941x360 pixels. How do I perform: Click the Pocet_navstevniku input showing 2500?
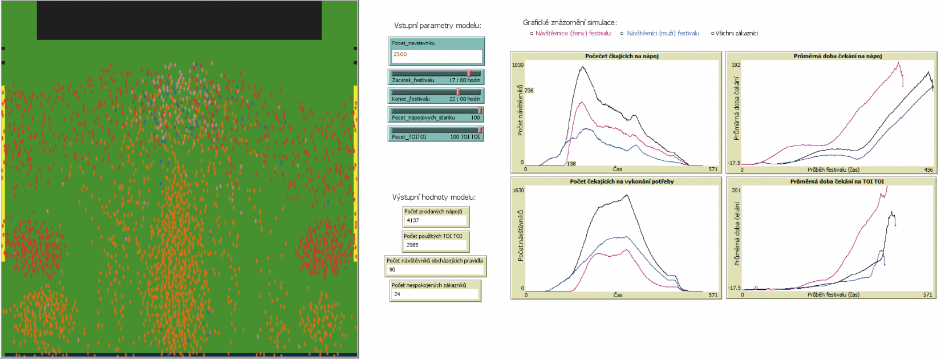tap(436, 55)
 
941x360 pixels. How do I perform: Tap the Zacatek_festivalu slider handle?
tap(469, 73)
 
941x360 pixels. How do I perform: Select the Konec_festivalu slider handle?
tap(459, 92)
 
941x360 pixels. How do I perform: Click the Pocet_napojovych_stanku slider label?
tap(423, 118)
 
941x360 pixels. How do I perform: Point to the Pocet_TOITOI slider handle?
tap(480, 130)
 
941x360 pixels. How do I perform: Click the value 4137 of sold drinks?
tap(413, 220)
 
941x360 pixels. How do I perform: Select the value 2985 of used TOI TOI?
tap(412, 245)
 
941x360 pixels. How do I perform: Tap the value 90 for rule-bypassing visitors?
tap(392, 270)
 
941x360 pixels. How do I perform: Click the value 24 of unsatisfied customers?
tap(397, 294)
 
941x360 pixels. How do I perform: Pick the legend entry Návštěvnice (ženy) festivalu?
tap(573, 33)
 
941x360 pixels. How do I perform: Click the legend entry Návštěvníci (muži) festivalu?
tap(663, 33)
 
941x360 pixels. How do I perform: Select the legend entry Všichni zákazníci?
tap(736, 33)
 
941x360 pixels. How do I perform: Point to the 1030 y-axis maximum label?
tap(518, 65)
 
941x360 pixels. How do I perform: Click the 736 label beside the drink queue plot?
tap(529, 91)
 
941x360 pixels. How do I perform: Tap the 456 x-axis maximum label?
tap(928, 169)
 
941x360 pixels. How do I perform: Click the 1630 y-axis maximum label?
tap(518, 191)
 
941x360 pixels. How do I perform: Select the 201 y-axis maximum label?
tap(736, 191)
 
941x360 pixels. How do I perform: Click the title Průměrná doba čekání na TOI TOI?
tap(837, 181)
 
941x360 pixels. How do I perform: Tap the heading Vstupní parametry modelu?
tap(437, 26)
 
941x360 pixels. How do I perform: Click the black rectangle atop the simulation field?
tap(179, 20)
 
